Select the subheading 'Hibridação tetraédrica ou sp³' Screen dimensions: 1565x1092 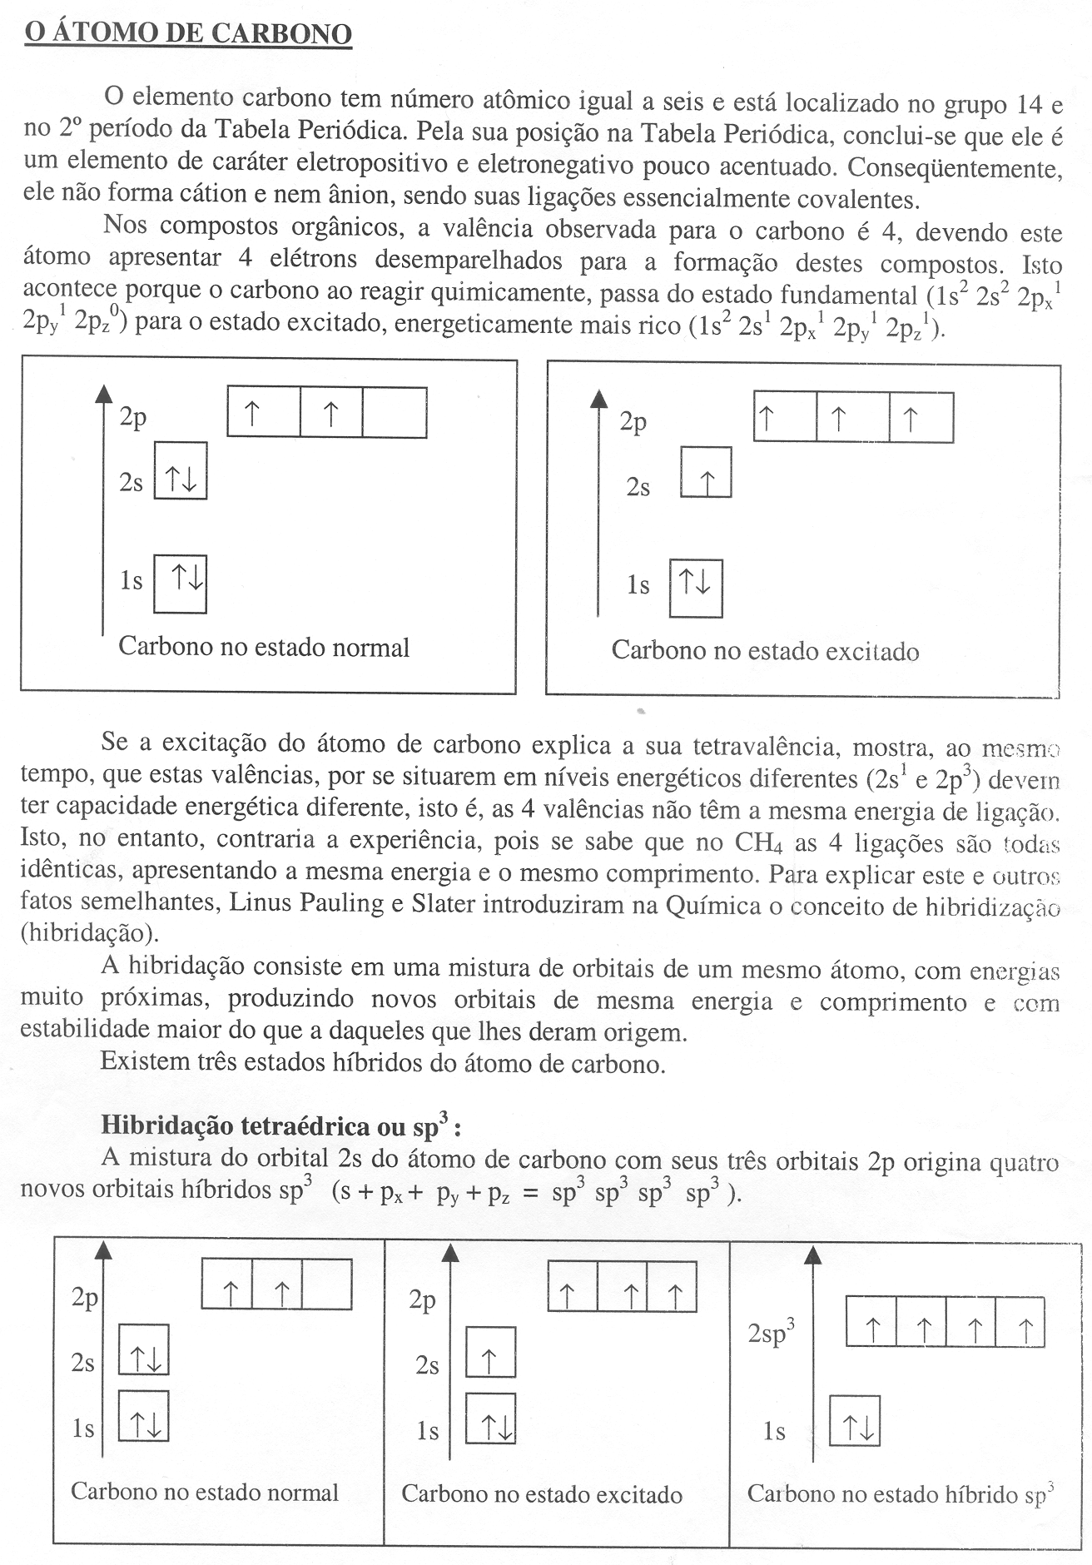pos(280,1125)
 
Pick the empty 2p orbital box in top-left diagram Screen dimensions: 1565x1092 pos(395,412)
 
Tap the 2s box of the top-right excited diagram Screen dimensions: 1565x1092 pos(706,473)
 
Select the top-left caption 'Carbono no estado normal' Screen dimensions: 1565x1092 pos(264,647)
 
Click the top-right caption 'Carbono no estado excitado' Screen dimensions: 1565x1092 pos(765,650)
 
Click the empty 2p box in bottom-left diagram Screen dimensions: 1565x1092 pos(326,1284)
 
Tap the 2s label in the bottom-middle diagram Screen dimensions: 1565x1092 pos(428,1366)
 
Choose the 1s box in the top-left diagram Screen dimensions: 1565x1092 pos(181,584)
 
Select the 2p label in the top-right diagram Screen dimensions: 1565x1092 pos(633,422)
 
